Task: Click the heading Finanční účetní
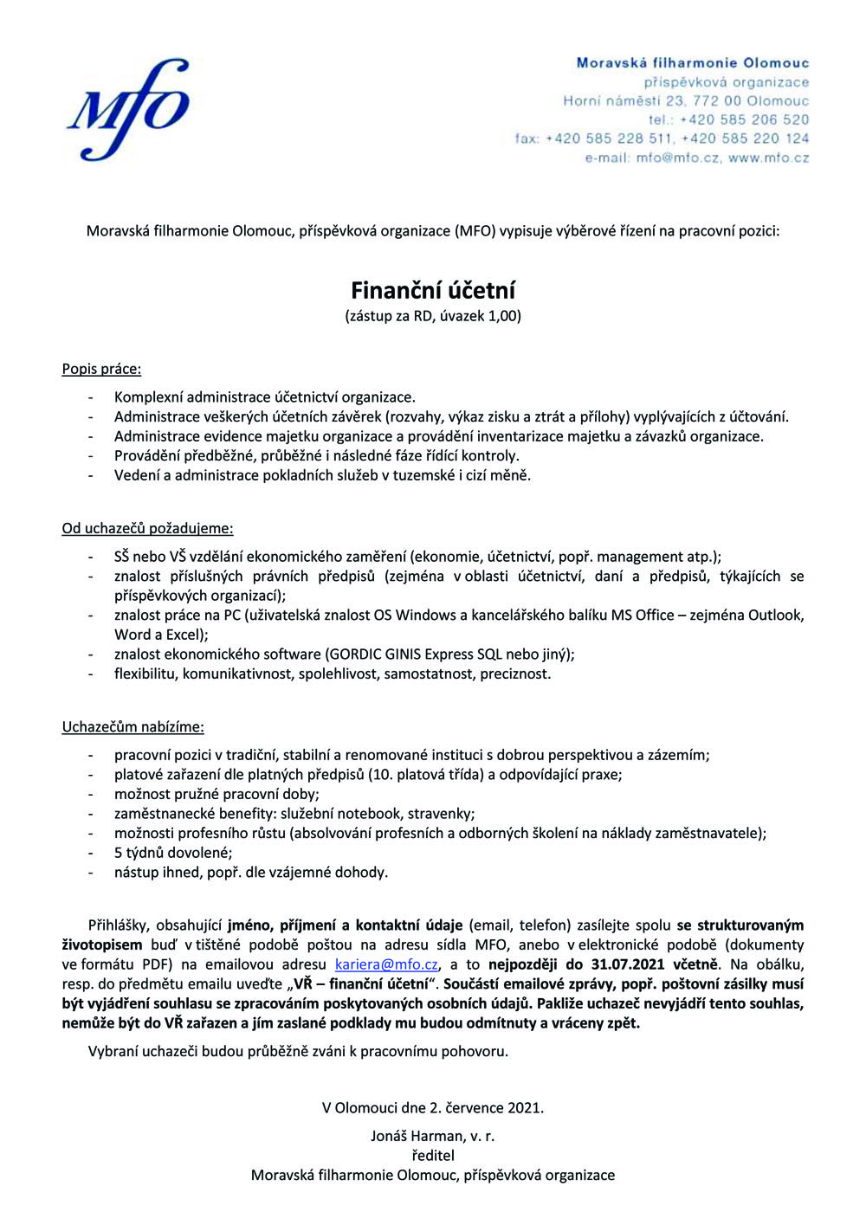pos(433,290)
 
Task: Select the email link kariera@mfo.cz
pos(386,964)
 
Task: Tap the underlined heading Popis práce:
pos(101,369)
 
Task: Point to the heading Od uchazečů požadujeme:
pos(147,528)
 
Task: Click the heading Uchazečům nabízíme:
pos(132,726)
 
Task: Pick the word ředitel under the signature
pos(433,1155)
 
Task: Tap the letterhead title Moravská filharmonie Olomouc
pos(693,63)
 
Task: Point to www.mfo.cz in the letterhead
pos(769,158)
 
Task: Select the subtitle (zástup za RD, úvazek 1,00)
pos(433,316)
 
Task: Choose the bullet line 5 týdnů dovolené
pos(173,853)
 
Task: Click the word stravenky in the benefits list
pos(441,814)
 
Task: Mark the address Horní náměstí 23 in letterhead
pos(624,100)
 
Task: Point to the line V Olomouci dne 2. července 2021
pos(433,1107)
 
